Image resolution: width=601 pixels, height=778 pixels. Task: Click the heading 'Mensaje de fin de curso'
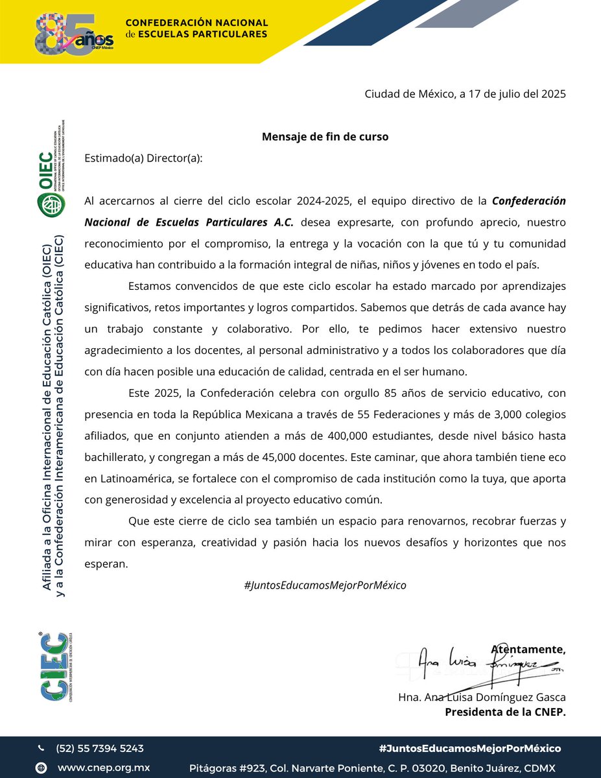(325, 137)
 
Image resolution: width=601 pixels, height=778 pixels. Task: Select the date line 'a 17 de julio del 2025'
(512, 94)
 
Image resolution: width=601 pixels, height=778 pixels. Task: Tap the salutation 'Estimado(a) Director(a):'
(143, 158)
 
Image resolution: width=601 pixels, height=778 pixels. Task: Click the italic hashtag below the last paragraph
(325, 585)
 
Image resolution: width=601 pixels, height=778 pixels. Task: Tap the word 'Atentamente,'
(528, 649)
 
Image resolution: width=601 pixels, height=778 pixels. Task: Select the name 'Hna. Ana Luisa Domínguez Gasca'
(482, 698)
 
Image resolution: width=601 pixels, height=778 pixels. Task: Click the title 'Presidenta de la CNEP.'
(505, 712)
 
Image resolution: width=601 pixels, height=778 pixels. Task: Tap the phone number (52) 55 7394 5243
(100, 748)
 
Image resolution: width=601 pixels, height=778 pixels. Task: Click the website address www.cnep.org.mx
(104, 768)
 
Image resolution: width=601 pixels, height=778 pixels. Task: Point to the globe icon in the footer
(41, 768)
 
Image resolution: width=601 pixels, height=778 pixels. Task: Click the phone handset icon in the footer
(41, 748)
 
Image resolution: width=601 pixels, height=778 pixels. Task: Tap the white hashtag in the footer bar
(469, 748)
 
